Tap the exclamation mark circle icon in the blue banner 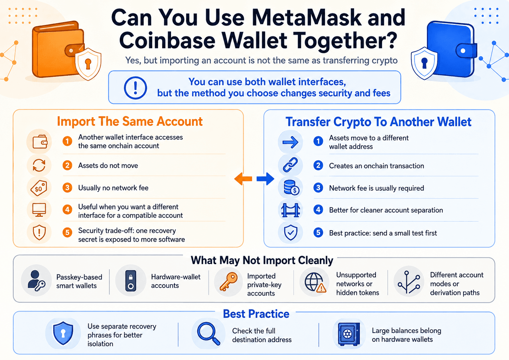(136, 88)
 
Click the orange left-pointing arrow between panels (243, 179)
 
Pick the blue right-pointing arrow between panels (265, 179)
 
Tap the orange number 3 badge (67, 188)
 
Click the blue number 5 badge (318, 233)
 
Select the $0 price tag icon (39, 188)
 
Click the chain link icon (290, 165)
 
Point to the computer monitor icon (39, 210)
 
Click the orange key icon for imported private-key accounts (228, 282)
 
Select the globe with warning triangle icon (315, 282)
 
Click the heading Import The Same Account (130, 121)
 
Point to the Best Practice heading (256, 314)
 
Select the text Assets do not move (108, 165)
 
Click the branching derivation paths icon (409, 282)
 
